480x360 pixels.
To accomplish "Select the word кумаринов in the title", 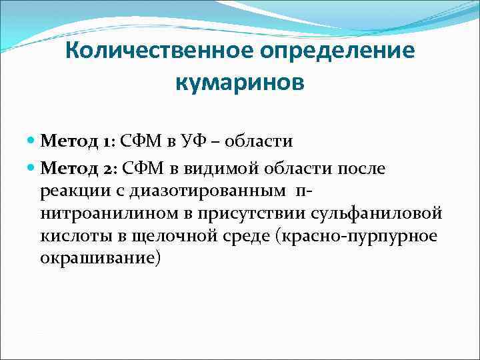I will click(240, 85).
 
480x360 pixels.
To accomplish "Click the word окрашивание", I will click(100, 259).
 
